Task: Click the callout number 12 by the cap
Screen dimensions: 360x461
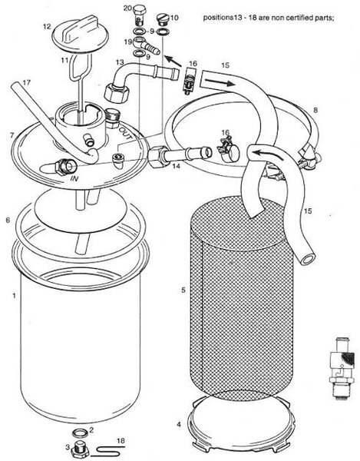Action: tap(48, 26)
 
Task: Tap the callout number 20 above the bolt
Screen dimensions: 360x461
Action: tap(127, 8)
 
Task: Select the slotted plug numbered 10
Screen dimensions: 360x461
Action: tap(162, 19)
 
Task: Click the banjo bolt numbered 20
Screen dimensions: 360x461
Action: tap(140, 15)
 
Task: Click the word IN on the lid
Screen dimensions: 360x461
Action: tap(74, 178)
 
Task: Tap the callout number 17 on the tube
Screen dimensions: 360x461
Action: tap(26, 83)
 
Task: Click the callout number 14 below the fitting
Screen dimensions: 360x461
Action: tap(177, 166)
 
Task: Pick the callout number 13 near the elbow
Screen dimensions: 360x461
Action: tap(120, 63)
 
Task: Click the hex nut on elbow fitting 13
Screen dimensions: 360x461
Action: tap(117, 94)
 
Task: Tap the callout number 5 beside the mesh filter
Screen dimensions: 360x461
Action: tap(183, 290)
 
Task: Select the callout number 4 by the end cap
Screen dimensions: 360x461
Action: tap(179, 425)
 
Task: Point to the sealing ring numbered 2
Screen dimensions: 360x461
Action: tap(80, 433)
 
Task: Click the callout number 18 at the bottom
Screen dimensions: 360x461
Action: tap(121, 441)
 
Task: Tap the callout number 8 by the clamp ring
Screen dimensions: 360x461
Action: tap(315, 110)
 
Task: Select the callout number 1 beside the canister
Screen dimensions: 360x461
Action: tap(14, 296)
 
